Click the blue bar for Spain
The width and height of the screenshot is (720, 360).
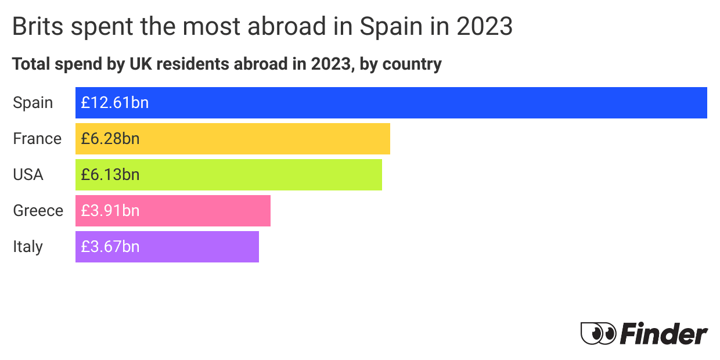[406, 103]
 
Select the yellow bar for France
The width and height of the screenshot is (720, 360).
[261, 139]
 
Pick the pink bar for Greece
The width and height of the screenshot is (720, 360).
[203, 211]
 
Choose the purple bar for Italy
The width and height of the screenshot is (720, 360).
[197, 247]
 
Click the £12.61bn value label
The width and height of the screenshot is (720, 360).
[115, 103]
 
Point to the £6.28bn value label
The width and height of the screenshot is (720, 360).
[110, 139]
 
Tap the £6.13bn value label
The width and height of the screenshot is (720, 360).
[110, 175]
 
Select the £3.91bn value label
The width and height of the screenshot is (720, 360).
[110, 211]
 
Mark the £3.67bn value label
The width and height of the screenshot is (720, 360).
[110, 247]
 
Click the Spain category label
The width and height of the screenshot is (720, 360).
[33, 103]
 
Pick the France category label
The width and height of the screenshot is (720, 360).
[37, 139]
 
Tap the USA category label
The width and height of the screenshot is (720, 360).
[28, 175]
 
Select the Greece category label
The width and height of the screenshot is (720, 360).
[38, 211]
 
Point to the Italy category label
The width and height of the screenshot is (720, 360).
[28, 247]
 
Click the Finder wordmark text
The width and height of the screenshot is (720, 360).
[664, 334]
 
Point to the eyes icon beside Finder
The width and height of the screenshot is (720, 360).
[598, 333]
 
